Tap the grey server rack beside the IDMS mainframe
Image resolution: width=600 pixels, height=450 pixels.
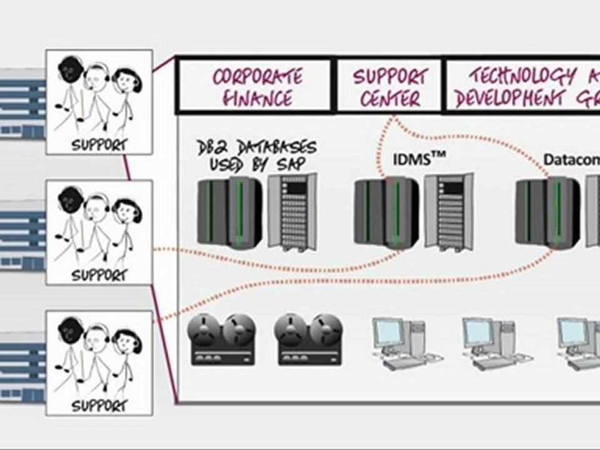tap(447, 212)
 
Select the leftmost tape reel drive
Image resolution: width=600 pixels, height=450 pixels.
tap(223, 339)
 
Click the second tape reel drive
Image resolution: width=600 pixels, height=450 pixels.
tap(309, 339)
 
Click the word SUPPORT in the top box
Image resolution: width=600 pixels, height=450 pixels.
tap(99, 145)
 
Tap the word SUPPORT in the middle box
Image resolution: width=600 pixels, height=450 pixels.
tap(99, 275)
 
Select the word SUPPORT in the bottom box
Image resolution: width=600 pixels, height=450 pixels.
tap(99, 406)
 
